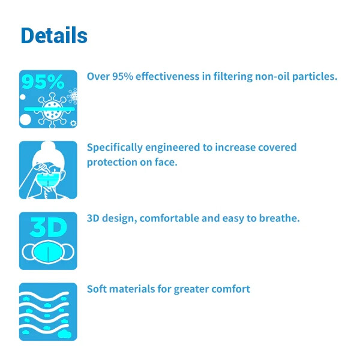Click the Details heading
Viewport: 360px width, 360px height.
coord(54,35)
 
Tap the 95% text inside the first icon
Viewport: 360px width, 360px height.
coord(43,82)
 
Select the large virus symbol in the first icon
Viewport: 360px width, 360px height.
coord(52,110)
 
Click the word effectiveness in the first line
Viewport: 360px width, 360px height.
coord(167,76)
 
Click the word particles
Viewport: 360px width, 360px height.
coord(315,77)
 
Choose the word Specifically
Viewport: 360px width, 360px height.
coord(115,148)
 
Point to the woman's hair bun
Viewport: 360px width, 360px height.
coord(48,146)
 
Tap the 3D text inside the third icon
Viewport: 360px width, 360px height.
coord(49,227)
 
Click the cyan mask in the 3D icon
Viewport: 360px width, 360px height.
coord(48,252)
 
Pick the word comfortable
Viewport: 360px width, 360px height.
coord(169,218)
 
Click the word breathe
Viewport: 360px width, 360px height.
coord(280,218)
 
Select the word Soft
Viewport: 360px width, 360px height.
coord(97,289)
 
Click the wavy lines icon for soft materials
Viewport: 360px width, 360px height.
coord(48,312)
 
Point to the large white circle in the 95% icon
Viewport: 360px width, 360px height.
coord(25,119)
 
